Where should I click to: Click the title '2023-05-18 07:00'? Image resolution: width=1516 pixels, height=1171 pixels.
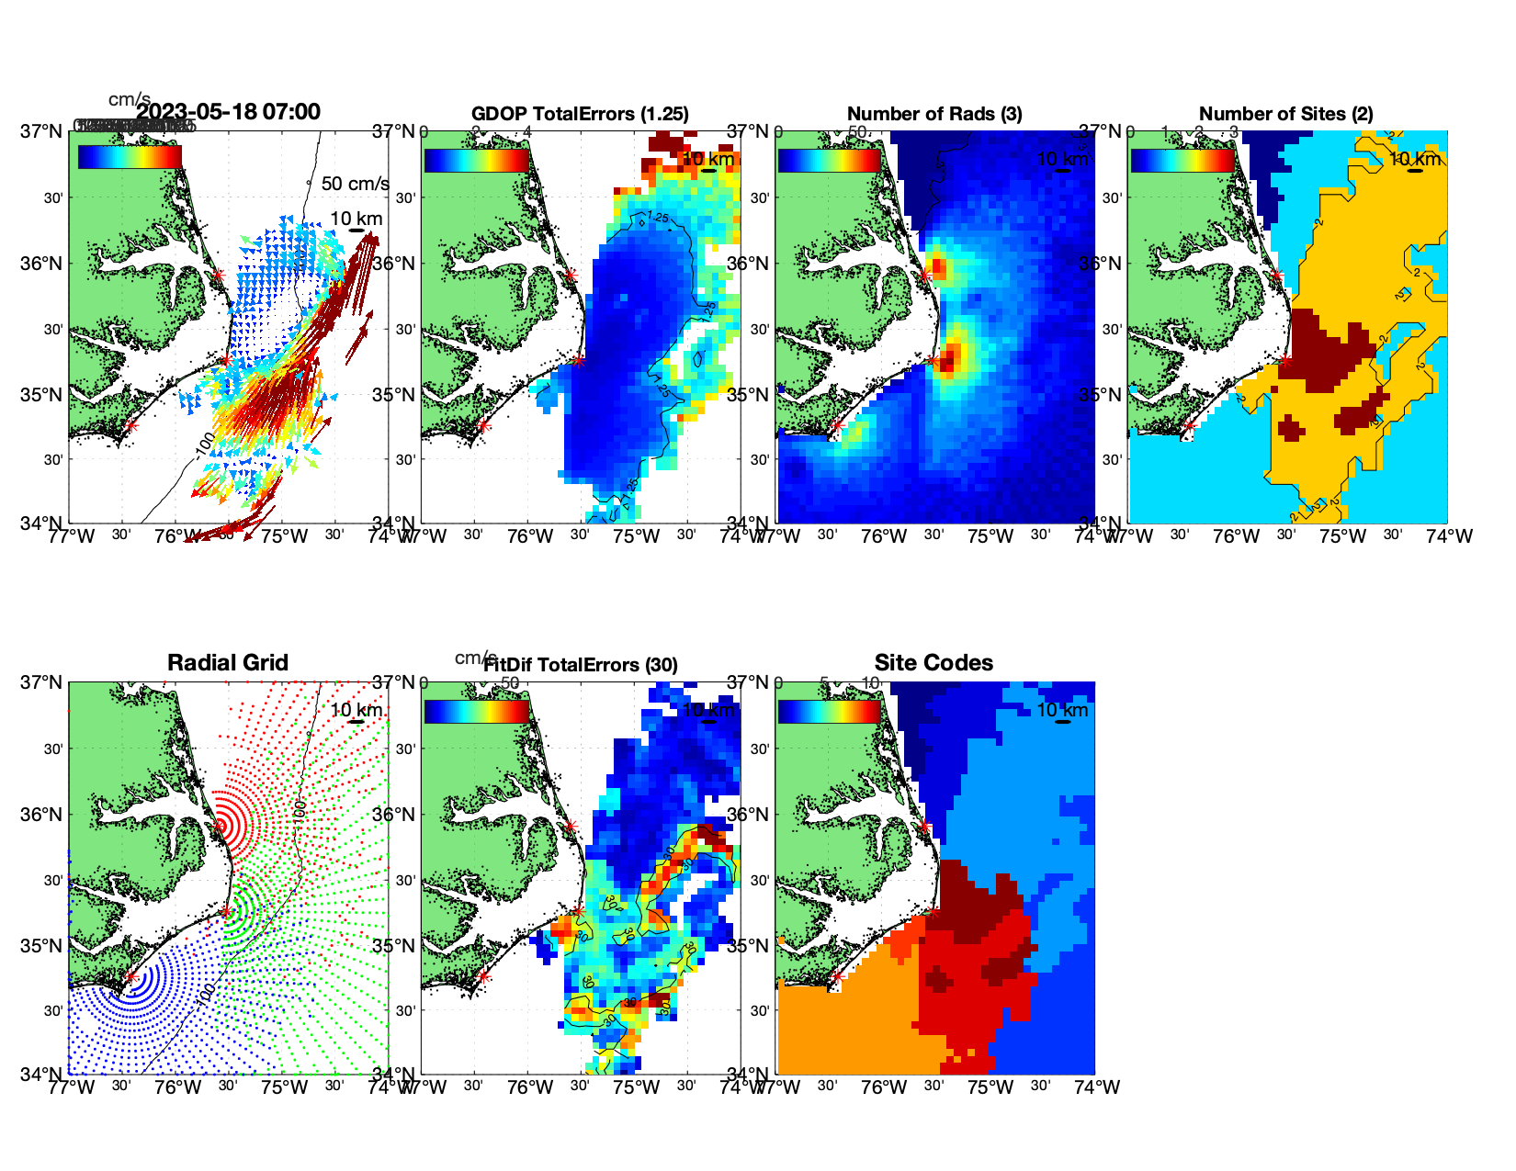pyautogui.click(x=228, y=112)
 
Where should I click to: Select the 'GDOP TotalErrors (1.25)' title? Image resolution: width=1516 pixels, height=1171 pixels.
pyautogui.click(x=580, y=114)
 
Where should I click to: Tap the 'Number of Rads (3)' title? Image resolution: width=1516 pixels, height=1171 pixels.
pyautogui.click(x=934, y=114)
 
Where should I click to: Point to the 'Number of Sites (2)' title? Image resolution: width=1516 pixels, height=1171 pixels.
pyautogui.click(x=1285, y=114)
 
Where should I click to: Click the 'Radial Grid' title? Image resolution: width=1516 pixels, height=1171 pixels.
pyautogui.click(x=228, y=663)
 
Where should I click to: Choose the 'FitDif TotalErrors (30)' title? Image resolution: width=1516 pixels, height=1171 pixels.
pyautogui.click(x=581, y=665)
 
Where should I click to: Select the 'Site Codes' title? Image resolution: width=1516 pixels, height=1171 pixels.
pyautogui.click(x=933, y=663)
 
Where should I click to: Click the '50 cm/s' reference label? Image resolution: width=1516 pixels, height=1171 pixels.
pyautogui.click(x=355, y=184)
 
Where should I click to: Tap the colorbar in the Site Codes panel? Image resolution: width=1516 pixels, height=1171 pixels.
pyautogui.click(x=829, y=712)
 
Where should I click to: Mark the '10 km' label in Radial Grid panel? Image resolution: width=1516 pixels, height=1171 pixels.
pyautogui.click(x=356, y=710)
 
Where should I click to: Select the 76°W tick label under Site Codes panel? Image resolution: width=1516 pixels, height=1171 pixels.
pyautogui.click(x=884, y=1087)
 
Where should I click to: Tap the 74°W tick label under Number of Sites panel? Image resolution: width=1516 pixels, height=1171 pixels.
pyautogui.click(x=1449, y=536)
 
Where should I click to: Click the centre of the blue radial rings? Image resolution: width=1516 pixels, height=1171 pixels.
pyautogui.click(x=130, y=976)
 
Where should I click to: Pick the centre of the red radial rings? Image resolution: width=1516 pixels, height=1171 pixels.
pyautogui.click(x=220, y=825)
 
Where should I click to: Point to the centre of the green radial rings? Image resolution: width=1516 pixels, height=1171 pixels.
pyautogui.click(x=226, y=911)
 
